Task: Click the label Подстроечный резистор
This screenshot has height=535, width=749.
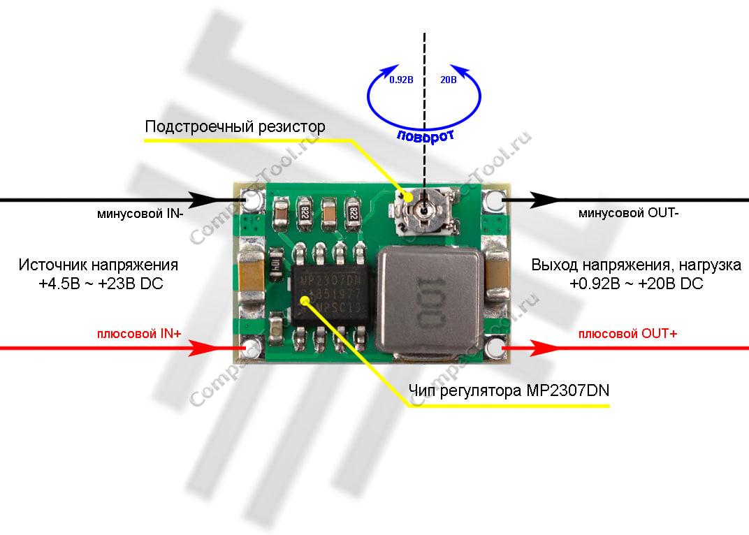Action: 235,127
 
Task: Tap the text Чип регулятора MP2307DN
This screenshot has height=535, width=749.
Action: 508,390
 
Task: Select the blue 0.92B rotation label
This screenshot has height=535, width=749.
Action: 401,80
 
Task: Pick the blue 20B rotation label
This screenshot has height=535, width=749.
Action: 447,80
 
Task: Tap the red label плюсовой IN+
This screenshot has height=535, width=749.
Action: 139,335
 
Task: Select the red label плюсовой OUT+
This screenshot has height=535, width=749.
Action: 627,334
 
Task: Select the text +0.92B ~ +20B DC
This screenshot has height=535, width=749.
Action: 637,284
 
